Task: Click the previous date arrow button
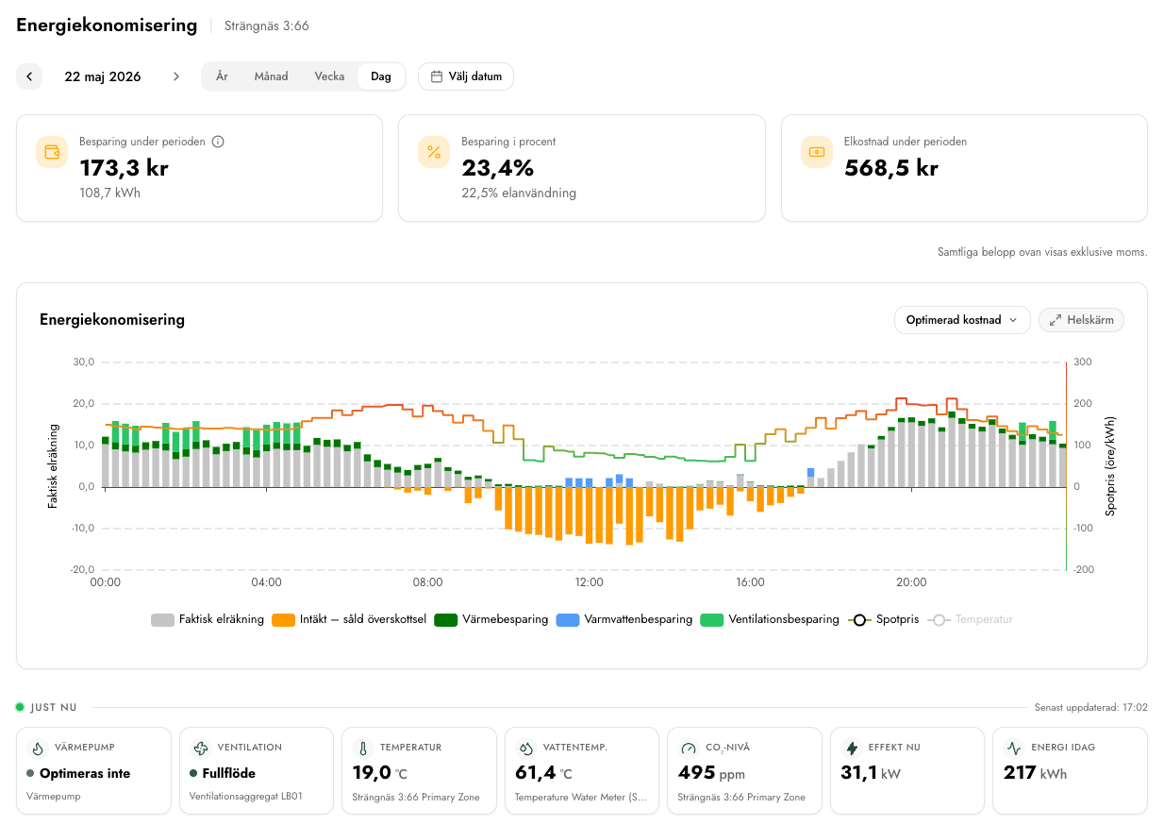pyautogui.click(x=29, y=76)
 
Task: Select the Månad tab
pyautogui.click(x=271, y=76)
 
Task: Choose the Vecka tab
pyautogui.click(x=329, y=76)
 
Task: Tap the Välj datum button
pyautogui.click(x=466, y=76)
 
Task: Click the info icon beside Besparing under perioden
pyautogui.click(x=218, y=142)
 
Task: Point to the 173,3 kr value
pyautogui.click(x=124, y=168)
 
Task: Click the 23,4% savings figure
pyautogui.click(x=497, y=168)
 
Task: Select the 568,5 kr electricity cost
pyautogui.click(x=890, y=168)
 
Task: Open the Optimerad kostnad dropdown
pyautogui.click(x=962, y=320)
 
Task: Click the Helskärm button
pyautogui.click(x=1081, y=320)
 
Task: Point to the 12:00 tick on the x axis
pyautogui.click(x=589, y=581)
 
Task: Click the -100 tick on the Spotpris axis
pyautogui.click(x=1084, y=529)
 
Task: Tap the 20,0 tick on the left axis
pyautogui.click(x=84, y=403)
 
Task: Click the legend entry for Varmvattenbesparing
pyautogui.click(x=624, y=619)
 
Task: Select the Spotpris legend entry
pyautogui.click(x=884, y=619)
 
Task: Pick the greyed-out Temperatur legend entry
pyautogui.click(x=971, y=619)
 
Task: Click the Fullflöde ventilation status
pyautogui.click(x=228, y=773)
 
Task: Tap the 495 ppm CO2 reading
pyautogui.click(x=711, y=773)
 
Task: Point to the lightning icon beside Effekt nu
pyautogui.click(x=852, y=748)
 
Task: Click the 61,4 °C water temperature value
pyautogui.click(x=543, y=773)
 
